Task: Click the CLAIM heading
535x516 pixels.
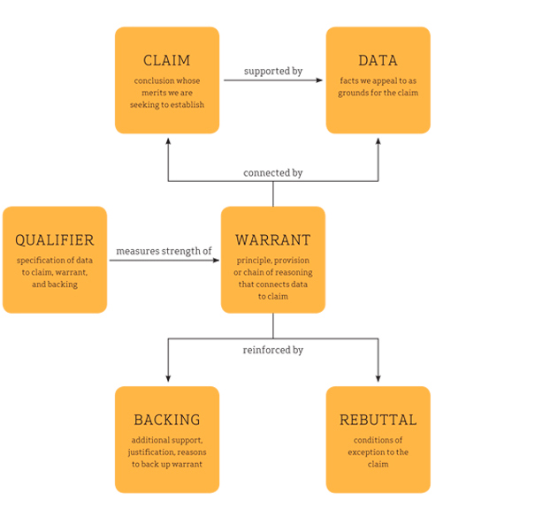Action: point(167,61)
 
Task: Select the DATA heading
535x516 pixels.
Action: point(378,61)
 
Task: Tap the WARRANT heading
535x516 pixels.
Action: point(272,240)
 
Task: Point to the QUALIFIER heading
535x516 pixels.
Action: point(55,240)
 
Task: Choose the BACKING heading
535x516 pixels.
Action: point(167,420)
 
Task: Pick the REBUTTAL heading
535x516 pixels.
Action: point(378,420)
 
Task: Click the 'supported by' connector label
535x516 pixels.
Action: point(272,71)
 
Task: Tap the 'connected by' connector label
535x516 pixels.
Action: point(272,172)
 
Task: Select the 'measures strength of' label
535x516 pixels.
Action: point(164,251)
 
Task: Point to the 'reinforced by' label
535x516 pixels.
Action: point(272,350)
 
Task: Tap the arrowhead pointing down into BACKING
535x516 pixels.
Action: point(168,380)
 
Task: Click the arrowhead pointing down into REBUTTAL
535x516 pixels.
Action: point(378,380)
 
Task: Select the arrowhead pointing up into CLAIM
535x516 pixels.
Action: point(168,140)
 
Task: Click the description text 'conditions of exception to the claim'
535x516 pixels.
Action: point(378,451)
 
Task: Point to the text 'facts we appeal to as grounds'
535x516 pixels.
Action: point(378,87)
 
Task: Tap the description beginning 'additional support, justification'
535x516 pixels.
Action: point(167,451)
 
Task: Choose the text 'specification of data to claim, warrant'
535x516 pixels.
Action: point(55,272)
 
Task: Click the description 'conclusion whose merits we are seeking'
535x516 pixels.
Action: point(167,93)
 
